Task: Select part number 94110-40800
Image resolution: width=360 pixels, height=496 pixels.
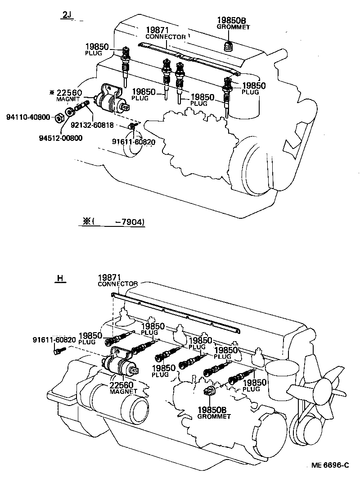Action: (29, 117)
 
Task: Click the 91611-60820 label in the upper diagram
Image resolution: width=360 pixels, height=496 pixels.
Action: (133, 142)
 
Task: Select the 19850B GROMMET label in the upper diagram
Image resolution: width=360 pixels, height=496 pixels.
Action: (233, 23)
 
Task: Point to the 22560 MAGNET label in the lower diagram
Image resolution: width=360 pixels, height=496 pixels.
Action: (122, 388)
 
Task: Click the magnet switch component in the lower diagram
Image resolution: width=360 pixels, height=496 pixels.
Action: (121, 365)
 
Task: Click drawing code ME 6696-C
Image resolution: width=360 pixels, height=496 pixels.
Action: (330, 465)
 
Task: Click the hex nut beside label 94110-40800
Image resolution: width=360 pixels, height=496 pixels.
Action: (58, 118)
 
